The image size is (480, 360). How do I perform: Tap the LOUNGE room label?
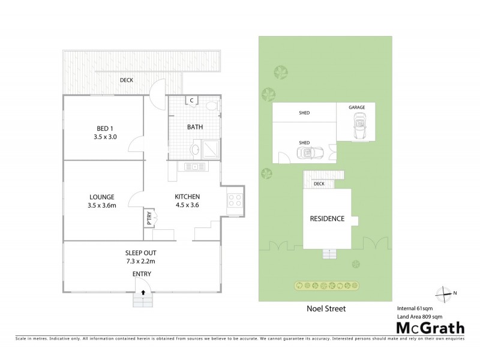[102, 197]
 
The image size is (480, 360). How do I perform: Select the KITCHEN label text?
[187, 197]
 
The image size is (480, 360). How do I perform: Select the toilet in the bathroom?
[211, 106]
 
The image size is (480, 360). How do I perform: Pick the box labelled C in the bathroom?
[191, 101]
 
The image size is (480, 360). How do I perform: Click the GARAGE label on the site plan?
[357, 107]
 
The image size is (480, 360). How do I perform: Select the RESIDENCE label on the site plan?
[327, 218]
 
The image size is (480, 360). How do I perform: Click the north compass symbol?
[446, 293]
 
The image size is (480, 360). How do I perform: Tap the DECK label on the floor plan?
[126, 80]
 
